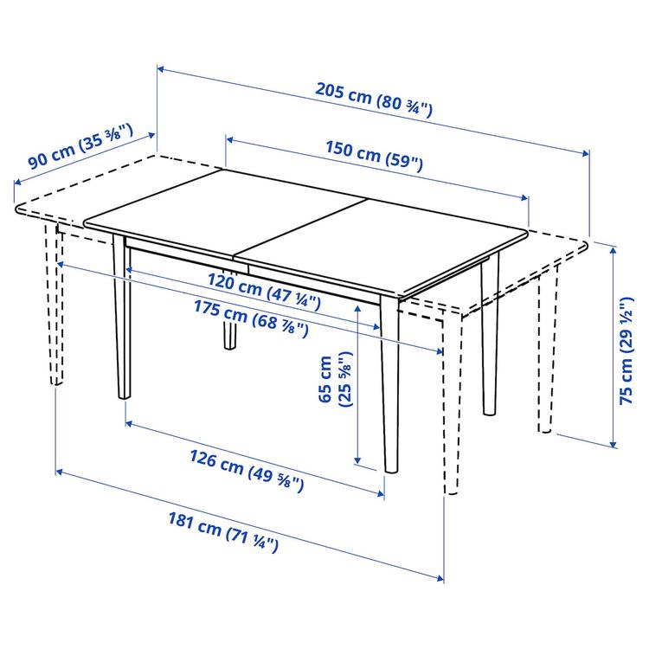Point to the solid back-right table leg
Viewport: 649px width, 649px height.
click(x=490, y=337)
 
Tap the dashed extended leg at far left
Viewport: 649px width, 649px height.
click(x=55, y=303)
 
